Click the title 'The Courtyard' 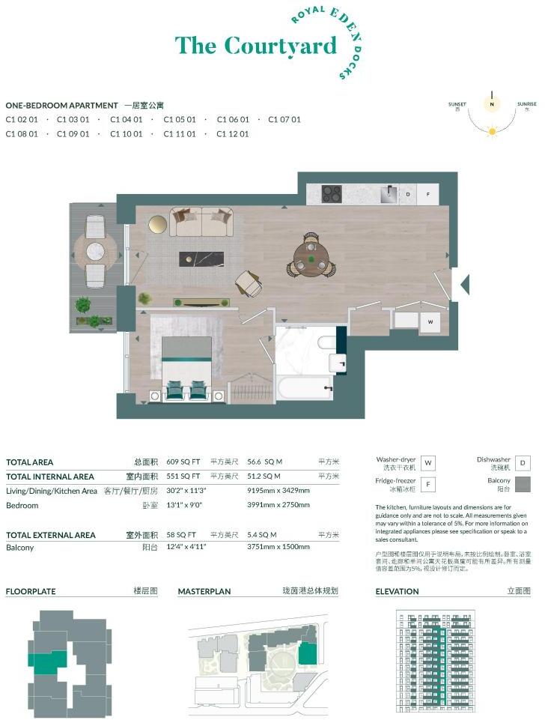point(255,46)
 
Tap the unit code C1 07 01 point(284,119)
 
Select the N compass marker point(492,106)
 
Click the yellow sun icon point(492,131)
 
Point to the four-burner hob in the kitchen point(332,193)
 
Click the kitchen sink point(388,194)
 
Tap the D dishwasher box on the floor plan point(408,194)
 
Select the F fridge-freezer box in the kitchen point(428,194)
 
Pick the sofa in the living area point(201,223)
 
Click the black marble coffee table point(201,259)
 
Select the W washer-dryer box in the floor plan point(430,322)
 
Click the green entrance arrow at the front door point(463,284)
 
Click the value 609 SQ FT point(183,462)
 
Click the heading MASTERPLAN point(204,591)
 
